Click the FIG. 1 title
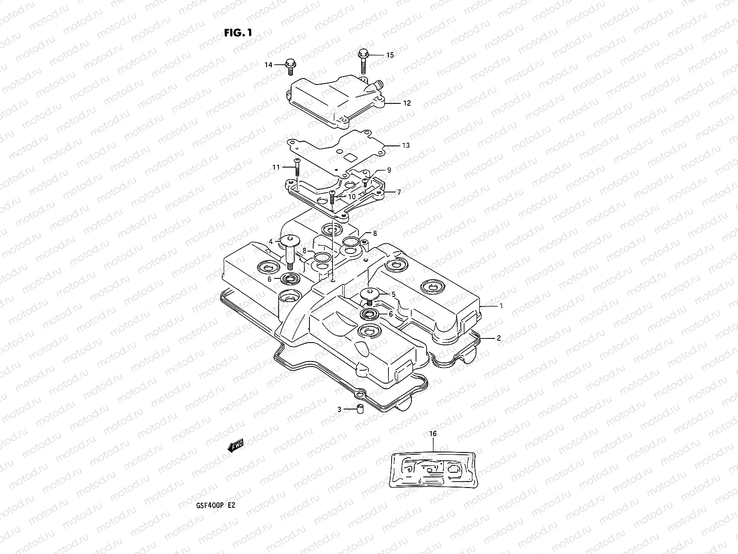click(x=238, y=33)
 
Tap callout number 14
click(x=268, y=65)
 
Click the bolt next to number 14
click(x=290, y=66)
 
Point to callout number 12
click(x=406, y=103)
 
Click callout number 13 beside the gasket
click(x=405, y=145)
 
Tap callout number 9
click(x=389, y=170)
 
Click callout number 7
click(x=399, y=192)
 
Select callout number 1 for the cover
click(x=501, y=306)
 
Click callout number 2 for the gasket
click(x=499, y=338)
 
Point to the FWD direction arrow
click(x=235, y=446)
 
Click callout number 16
click(x=433, y=434)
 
